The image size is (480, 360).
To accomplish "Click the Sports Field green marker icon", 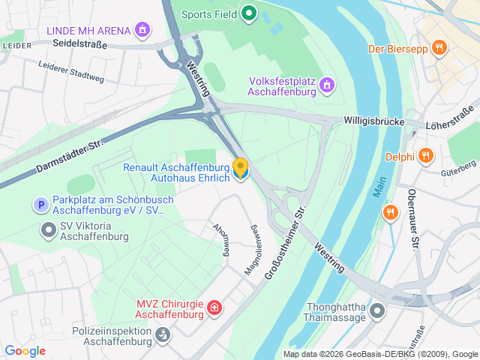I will tap(248, 13).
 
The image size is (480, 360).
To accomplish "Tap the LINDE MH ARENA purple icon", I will tap(142, 30).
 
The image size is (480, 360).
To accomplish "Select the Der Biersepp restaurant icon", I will tap(439, 49).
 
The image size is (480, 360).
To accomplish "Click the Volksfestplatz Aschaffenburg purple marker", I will tap(326, 86).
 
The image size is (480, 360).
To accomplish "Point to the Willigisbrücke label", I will tap(374, 121).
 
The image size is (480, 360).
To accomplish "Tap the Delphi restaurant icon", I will tap(426, 156).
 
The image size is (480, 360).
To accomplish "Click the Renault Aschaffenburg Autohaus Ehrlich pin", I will tap(241, 169).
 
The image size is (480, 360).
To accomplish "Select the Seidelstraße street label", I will tap(80, 45).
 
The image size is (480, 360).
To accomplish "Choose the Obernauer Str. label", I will tap(412, 218).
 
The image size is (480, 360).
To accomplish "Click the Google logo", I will tap(25, 350).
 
